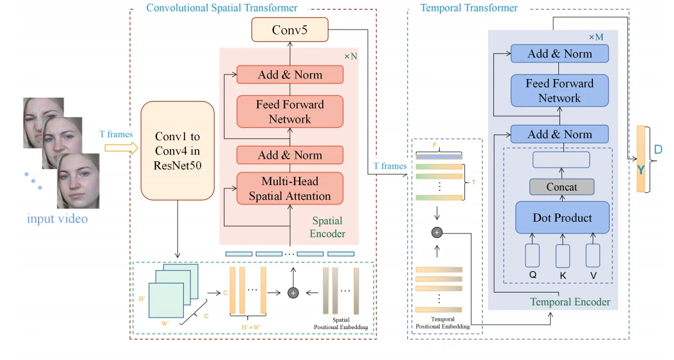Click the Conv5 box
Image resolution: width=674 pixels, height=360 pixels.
click(x=290, y=29)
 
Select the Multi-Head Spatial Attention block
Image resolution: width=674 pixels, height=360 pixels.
click(x=290, y=188)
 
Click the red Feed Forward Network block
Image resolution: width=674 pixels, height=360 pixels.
click(x=290, y=111)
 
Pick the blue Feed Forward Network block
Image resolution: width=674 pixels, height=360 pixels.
click(x=560, y=91)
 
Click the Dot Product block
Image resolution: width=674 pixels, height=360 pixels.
click(x=562, y=218)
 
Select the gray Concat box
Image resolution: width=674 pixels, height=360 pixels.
click(x=561, y=187)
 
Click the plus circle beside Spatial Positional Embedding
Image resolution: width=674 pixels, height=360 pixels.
click(x=293, y=292)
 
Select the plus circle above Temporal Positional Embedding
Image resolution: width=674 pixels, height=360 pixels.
click(x=437, y=233)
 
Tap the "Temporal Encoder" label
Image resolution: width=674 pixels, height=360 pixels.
click(x=570, y=301)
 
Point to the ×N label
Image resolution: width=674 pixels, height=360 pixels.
click(x=351, y=57)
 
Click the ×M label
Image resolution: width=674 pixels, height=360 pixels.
click(x=596, y=37)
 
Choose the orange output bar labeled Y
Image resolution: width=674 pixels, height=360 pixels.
click(x=641, y=159)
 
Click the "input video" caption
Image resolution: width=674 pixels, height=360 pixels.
click(x=57, y=219)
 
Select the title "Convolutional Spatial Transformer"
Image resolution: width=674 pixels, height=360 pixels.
click(x=222, y=8)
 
